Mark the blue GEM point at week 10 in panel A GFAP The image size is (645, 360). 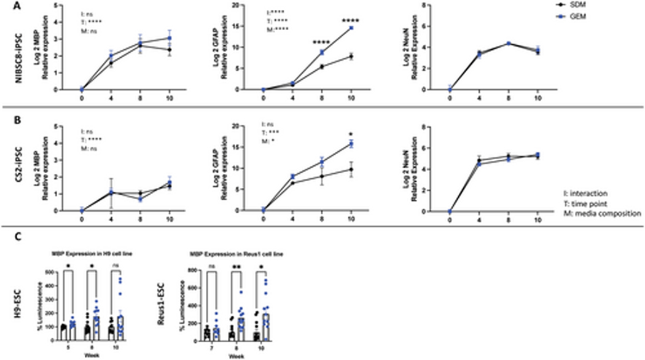tap(349, 28)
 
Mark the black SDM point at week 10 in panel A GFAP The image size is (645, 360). tap(349, 57)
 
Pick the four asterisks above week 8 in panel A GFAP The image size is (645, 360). tap(321, 43)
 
